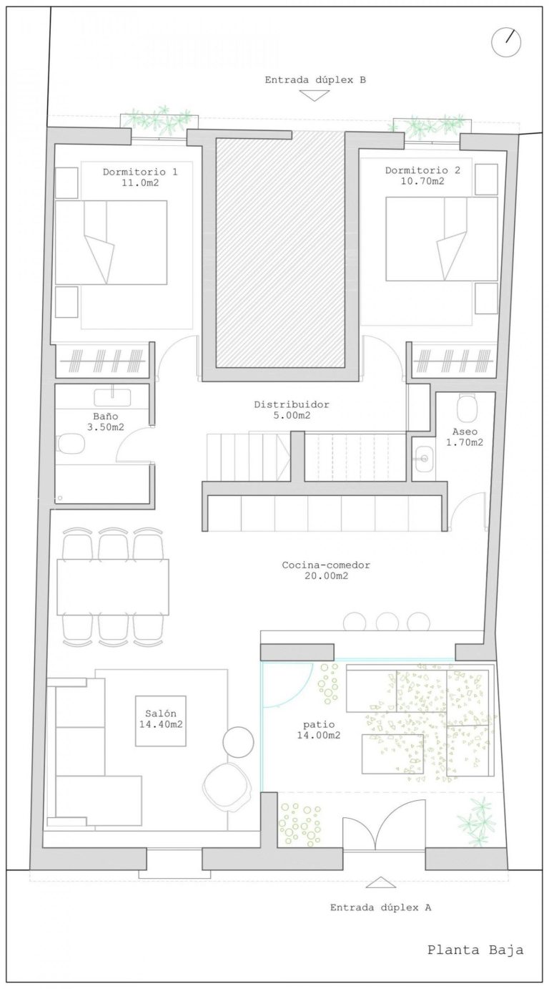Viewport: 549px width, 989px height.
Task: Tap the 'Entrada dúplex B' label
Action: [x=315, y=80]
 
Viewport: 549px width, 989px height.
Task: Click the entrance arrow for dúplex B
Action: [x=314, y=95]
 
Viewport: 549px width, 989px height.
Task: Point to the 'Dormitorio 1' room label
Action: [x=140, y=172]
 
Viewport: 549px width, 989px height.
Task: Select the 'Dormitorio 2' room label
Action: [x=422, y=170]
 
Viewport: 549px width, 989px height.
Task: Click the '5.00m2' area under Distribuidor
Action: [x=292, y=415]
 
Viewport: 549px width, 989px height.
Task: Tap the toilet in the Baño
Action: [x=71, y=444]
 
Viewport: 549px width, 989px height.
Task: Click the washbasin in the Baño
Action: [x=112, y=397]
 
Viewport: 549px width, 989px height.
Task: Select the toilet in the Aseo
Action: [x=467, y=409]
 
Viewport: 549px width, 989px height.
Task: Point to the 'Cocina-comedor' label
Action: [x=326, y=565]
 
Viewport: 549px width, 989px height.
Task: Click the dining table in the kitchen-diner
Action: [x=113, y=586]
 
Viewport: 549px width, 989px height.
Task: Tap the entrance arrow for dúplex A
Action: [x=380, y=882]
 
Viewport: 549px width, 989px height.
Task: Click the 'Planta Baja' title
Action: [x=475, y=949]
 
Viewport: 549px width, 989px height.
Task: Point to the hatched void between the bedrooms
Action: [x=280, y=252]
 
